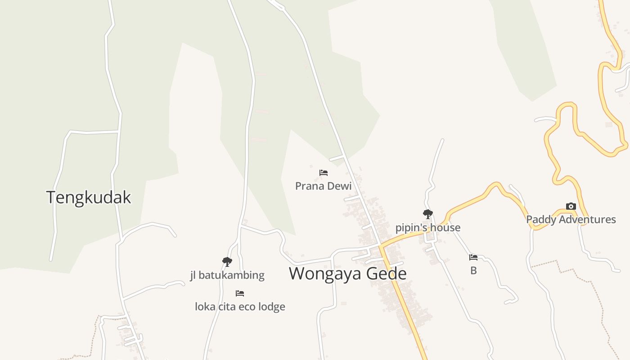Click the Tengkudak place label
89,198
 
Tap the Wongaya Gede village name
347,274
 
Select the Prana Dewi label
323,186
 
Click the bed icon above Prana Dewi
323,172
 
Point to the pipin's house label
427,228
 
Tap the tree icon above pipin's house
427,214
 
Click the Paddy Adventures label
571,220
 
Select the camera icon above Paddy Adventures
571,207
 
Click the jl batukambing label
227,275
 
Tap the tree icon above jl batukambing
227,261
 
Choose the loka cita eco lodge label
240,306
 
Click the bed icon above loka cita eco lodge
240,293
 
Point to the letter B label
473,271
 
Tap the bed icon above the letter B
473,257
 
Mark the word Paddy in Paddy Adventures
540,220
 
